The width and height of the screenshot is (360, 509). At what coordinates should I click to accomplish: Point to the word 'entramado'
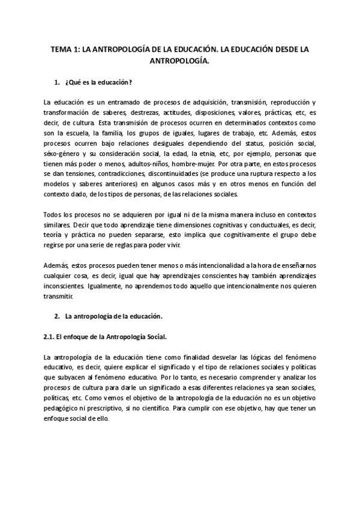(116, 101)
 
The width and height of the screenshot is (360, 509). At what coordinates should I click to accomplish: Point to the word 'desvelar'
(232, 358)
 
